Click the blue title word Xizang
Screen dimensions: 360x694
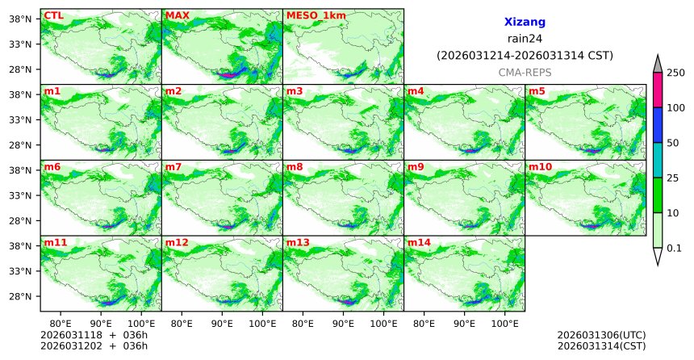pyautogui.click(x=525, y=23)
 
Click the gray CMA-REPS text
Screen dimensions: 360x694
pyautogui.click(x=525, y=73)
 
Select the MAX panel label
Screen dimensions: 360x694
pyautogui.click(x=177, y=15)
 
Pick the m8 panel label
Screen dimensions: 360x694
pyautogui.click(x=295, y=167)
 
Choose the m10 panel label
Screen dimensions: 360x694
pyautogui.click(x=540, y=167)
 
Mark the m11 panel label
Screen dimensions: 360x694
pyautogui.click(x=55, y=242)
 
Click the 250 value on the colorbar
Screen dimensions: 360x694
pyautogui.click(x=675, y=73)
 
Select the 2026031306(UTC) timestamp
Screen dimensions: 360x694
pyautogui.click(x=601, y=335)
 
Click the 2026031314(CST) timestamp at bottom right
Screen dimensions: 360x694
pyautogui.click(x=601, y=346)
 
